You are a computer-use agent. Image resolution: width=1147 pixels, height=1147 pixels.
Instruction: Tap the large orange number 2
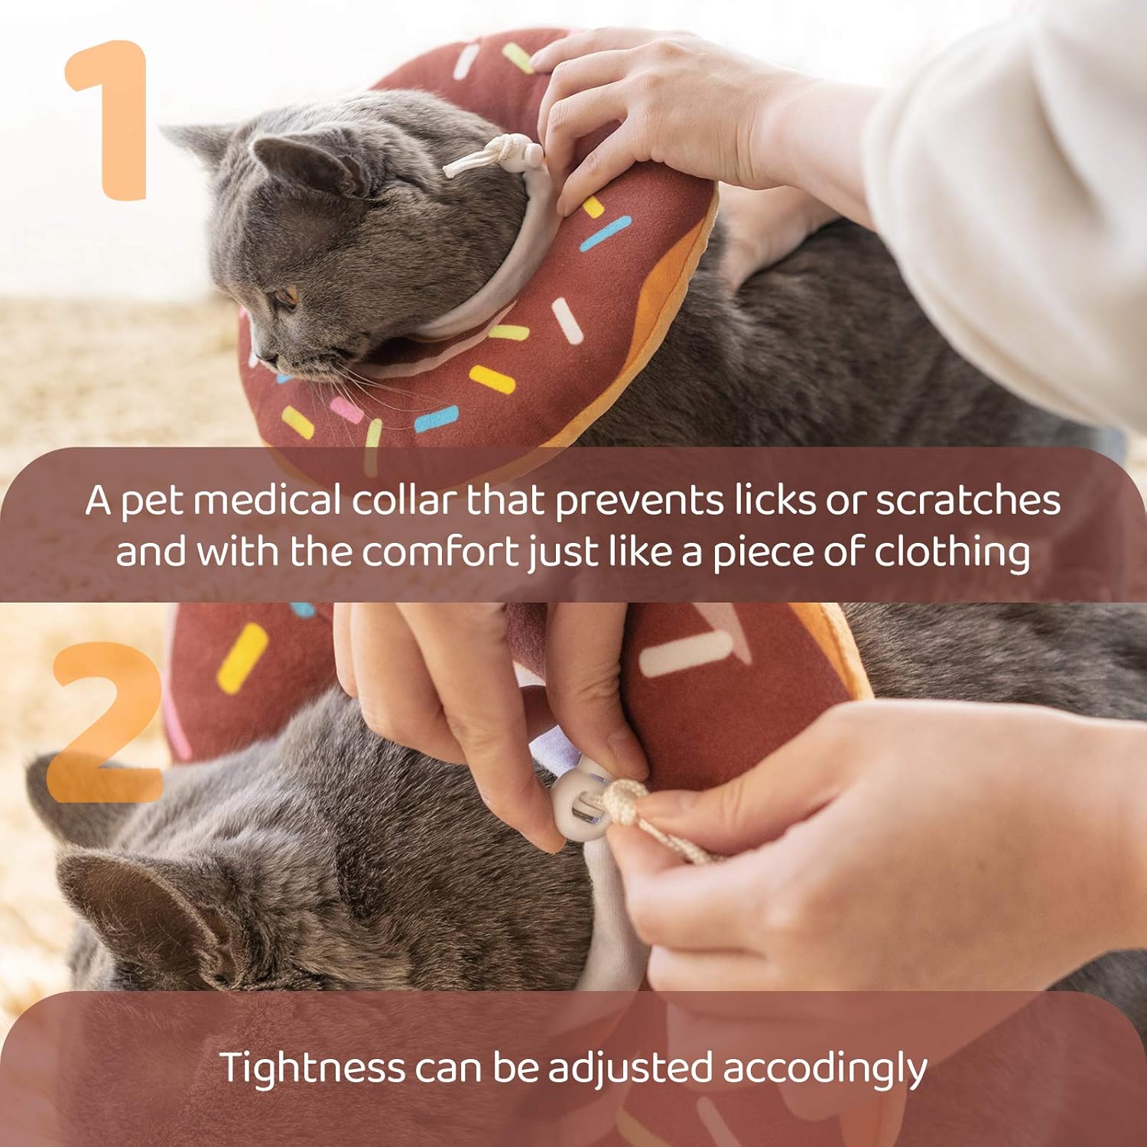coord(107,723)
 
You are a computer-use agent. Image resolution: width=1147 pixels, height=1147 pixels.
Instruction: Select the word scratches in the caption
coord(967,501)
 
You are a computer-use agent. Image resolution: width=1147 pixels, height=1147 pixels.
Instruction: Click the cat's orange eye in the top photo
coord(286,295)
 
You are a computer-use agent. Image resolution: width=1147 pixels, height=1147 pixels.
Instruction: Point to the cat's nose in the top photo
coord(256,356)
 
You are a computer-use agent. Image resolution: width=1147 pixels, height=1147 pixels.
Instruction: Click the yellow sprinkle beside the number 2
coord(242,658)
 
